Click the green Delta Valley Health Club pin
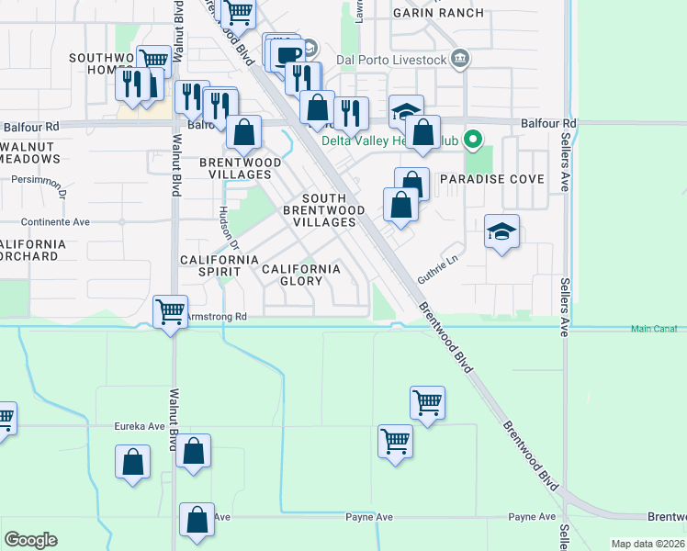pos(473,141)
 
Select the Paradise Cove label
pos(491,179)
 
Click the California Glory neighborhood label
pos(301,275)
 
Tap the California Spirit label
pos(219,266)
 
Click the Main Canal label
pos(654,329)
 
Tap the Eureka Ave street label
pos(139,426)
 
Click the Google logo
pos(30,540)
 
